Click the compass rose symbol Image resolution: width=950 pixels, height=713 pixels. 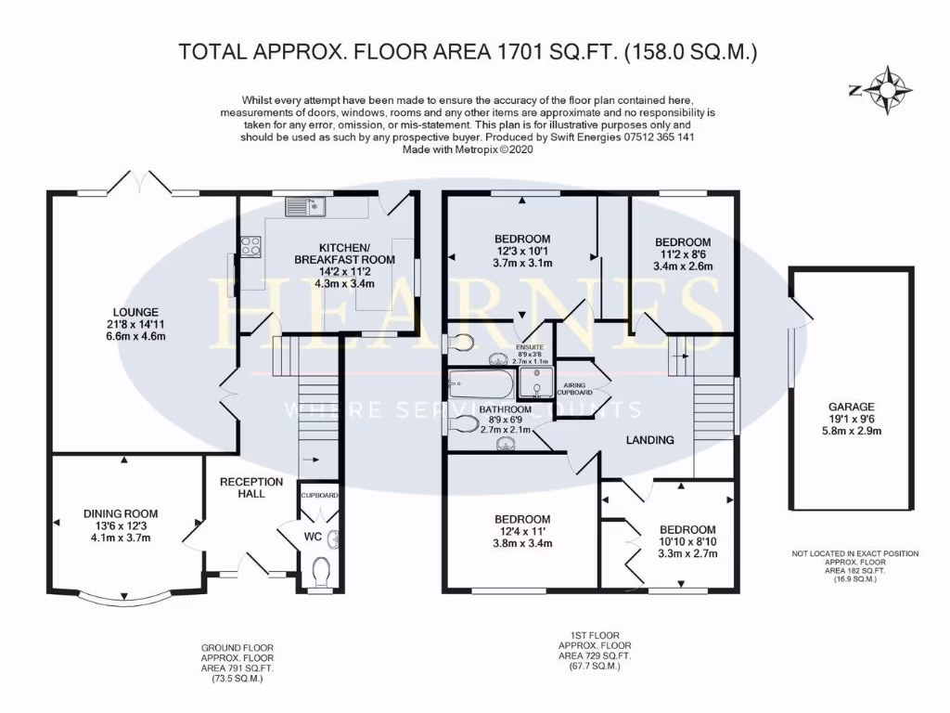point(892,89)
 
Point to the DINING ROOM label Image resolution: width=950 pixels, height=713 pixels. point(121,513)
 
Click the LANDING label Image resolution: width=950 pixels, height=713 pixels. point(649,440)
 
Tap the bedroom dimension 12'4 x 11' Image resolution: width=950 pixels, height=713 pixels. point(522,532)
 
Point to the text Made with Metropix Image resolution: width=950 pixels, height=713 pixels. point(454,149)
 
